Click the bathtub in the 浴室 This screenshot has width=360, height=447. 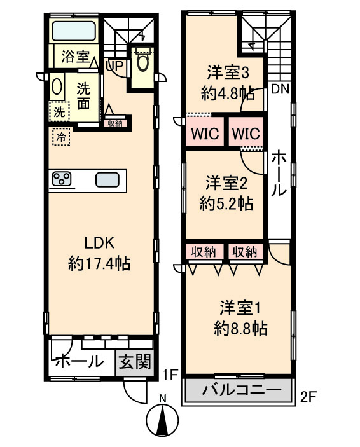(x=74, y=31)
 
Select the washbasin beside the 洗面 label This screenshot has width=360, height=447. (x=57, y=86)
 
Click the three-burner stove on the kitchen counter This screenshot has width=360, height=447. (x=62, y=179)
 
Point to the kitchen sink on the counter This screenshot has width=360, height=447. (x=107, y=180)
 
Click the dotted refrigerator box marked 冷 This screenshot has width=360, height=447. (x=61, y=137)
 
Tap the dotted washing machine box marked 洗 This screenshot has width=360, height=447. (x=59, y=111)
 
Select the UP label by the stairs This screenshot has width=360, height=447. (x=114, y=65)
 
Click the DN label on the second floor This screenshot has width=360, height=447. (x=280, y=89)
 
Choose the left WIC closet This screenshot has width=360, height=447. (x=205, y=132)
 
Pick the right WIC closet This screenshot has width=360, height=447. (x=246, y=132)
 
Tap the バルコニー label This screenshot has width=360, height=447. (x=242, y=390)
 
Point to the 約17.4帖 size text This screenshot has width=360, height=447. (x=99, y=263)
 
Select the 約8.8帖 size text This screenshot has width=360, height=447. (x=240, y=329)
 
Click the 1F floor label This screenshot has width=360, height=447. (x=170, y=375)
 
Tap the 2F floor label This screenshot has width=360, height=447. (x=308, y=397)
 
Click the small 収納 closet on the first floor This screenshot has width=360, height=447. (x=115, y=123)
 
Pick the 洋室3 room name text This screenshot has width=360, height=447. (x=228, y=72)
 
